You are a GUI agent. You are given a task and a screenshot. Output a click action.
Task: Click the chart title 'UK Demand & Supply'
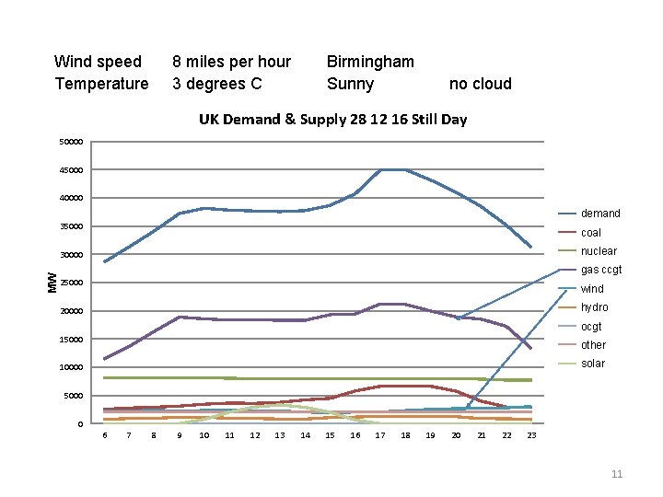point(332,119)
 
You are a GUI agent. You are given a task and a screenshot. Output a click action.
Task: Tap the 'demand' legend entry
point(599,214)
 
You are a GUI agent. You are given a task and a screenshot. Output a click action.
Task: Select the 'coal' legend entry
point(590,233)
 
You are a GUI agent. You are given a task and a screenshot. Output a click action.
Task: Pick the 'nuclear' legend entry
point(599,251)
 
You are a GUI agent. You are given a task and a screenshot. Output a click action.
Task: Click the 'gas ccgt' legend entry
point(600,270)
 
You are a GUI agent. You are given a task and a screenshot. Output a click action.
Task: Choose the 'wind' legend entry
point(592,289)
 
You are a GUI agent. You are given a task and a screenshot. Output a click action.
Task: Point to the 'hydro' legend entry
point(594,307)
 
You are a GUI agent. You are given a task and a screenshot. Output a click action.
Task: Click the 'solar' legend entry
point(593,364)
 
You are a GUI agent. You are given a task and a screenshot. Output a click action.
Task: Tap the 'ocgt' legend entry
point(591,327)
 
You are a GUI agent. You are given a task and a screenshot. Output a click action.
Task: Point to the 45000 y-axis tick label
point(71,170)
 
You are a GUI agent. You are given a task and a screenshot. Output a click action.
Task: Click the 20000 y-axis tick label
point(71,311)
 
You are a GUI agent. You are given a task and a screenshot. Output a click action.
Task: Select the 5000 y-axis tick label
point(74,396)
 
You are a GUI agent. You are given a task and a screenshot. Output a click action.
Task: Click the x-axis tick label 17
point(380,435)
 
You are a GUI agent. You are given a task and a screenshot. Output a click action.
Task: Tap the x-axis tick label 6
point(104,435)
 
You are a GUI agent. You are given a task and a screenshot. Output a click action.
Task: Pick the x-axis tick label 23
point(531,435)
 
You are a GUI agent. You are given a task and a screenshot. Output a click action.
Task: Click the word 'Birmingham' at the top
point(370,62)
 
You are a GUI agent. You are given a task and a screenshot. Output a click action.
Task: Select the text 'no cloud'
point(480,84)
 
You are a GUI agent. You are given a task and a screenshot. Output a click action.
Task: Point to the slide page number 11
point(617,474)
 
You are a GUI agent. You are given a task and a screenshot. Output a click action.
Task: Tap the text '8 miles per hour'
point(231,62)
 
